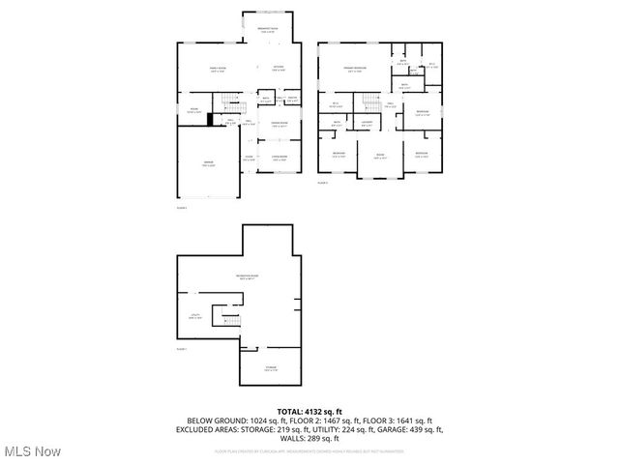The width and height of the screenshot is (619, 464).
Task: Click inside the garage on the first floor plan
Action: click(208, 164)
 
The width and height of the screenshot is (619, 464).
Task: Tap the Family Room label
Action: click(219, 69)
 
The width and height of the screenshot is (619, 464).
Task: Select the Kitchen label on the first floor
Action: click(278, 68)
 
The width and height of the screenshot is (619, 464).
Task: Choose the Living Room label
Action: click(279, 158)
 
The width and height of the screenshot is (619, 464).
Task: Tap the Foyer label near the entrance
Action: click(249, 158)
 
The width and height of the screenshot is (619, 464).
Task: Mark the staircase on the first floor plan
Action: click(227, 102)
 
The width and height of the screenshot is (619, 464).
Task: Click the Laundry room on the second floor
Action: click(368, 124)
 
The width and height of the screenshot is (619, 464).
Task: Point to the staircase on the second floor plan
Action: click(371, 101)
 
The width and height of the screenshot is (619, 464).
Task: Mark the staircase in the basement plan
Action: click(227, 316)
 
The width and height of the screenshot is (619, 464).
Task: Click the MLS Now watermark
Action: click(31, 451)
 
